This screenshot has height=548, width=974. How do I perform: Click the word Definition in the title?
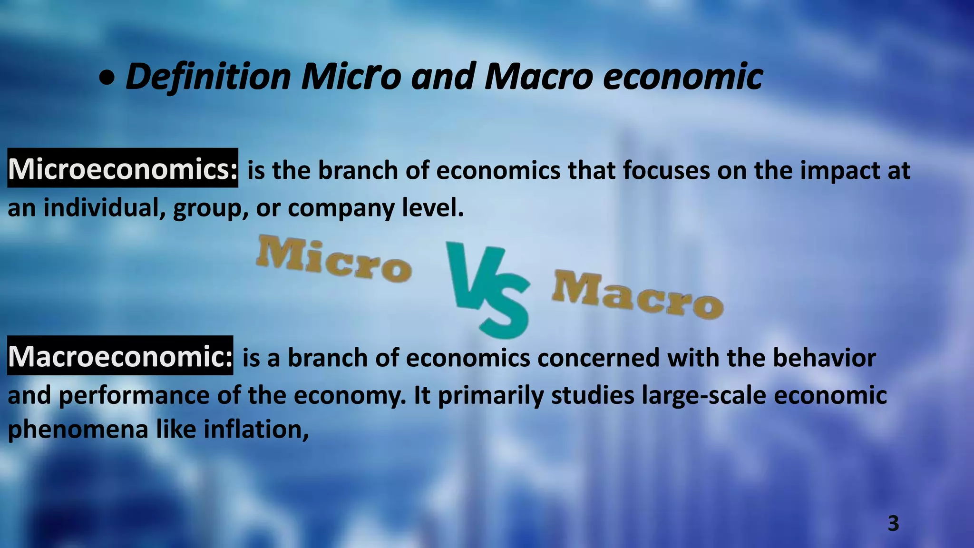tap(208, 77)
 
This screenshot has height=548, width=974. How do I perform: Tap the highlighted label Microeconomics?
tap(123, 168)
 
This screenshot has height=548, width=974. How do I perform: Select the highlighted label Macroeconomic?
tap(120, 356)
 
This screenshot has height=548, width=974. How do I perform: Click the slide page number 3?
tap(893, 523)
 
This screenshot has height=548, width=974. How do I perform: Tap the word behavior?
tap(824, 358)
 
